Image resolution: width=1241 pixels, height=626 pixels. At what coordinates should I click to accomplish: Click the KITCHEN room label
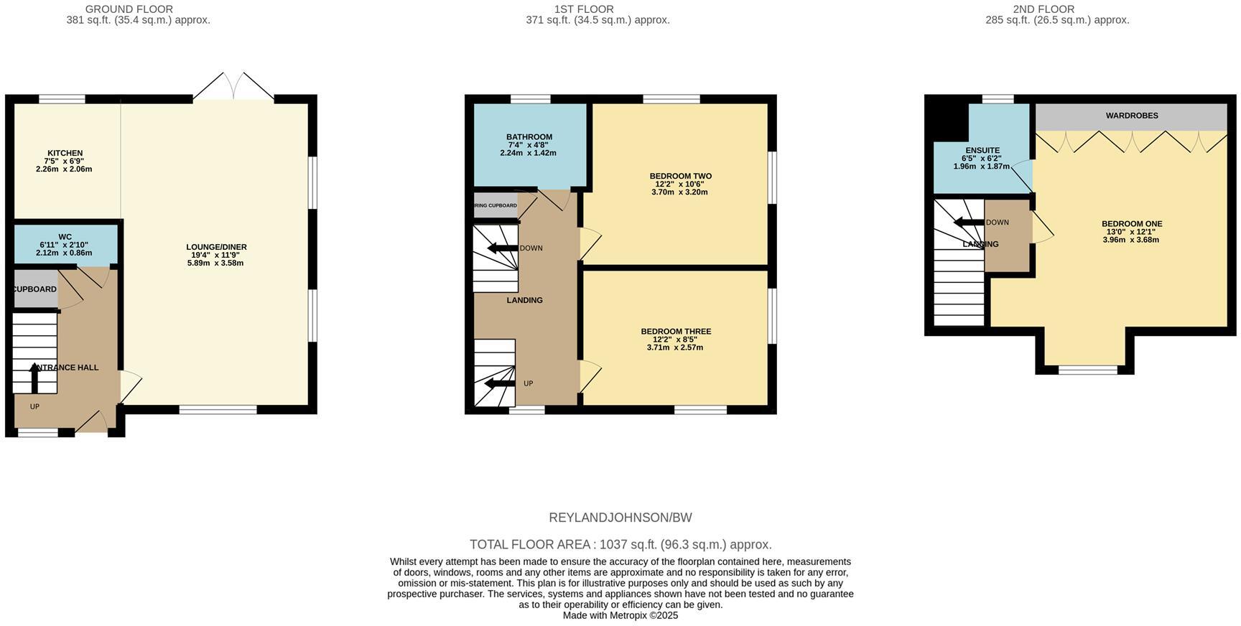pyautogui.click(x=65, y=153)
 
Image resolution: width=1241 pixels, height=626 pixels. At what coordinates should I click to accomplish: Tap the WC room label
pyautogui.click(x=65, y=237)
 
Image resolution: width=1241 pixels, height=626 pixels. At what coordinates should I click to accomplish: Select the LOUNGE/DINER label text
pyautogui.click(x=216, y=247)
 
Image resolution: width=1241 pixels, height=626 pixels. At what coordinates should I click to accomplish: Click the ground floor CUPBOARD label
pyautogui.click(x=35, y=289)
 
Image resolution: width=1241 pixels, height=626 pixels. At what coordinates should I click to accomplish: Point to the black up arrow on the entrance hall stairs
pyautogui.click(x=34, y=377)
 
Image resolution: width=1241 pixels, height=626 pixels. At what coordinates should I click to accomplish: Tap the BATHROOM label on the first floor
pyautogui.click(x=529, y=137)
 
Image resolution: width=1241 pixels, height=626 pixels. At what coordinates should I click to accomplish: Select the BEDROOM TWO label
pyautogui.click(x=680, y=176)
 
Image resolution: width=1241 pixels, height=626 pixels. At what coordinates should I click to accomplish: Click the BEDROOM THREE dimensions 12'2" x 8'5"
pyautogui.click(x=675, y=340)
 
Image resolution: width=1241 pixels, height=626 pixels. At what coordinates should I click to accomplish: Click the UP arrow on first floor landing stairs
pyautogui.click(x=500, y=383)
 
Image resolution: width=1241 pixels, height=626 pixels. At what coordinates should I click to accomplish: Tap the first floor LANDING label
pyautogui.click(x=524, y=300)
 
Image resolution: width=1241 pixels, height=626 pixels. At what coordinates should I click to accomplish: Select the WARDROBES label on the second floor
pyautogui.click(x=1131, y=116)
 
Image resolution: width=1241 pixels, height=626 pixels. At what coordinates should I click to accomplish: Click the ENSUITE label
pyautogui.click(x=982, y=151)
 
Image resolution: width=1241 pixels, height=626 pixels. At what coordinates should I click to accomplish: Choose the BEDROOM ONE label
pyautogui.click(x=1131, y=224)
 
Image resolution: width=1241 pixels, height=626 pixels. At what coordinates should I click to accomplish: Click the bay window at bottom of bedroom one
pyautogui.click(x=1087, y=370)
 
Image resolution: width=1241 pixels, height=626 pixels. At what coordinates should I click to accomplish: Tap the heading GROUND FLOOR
pyautogui.click(x=129, y=9)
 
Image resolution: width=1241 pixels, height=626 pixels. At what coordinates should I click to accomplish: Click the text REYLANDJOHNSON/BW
pyautogui.click(x=620, y=518)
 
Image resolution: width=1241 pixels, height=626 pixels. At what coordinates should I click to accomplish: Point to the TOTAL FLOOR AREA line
pyautogui.click(x=620, y=544)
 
